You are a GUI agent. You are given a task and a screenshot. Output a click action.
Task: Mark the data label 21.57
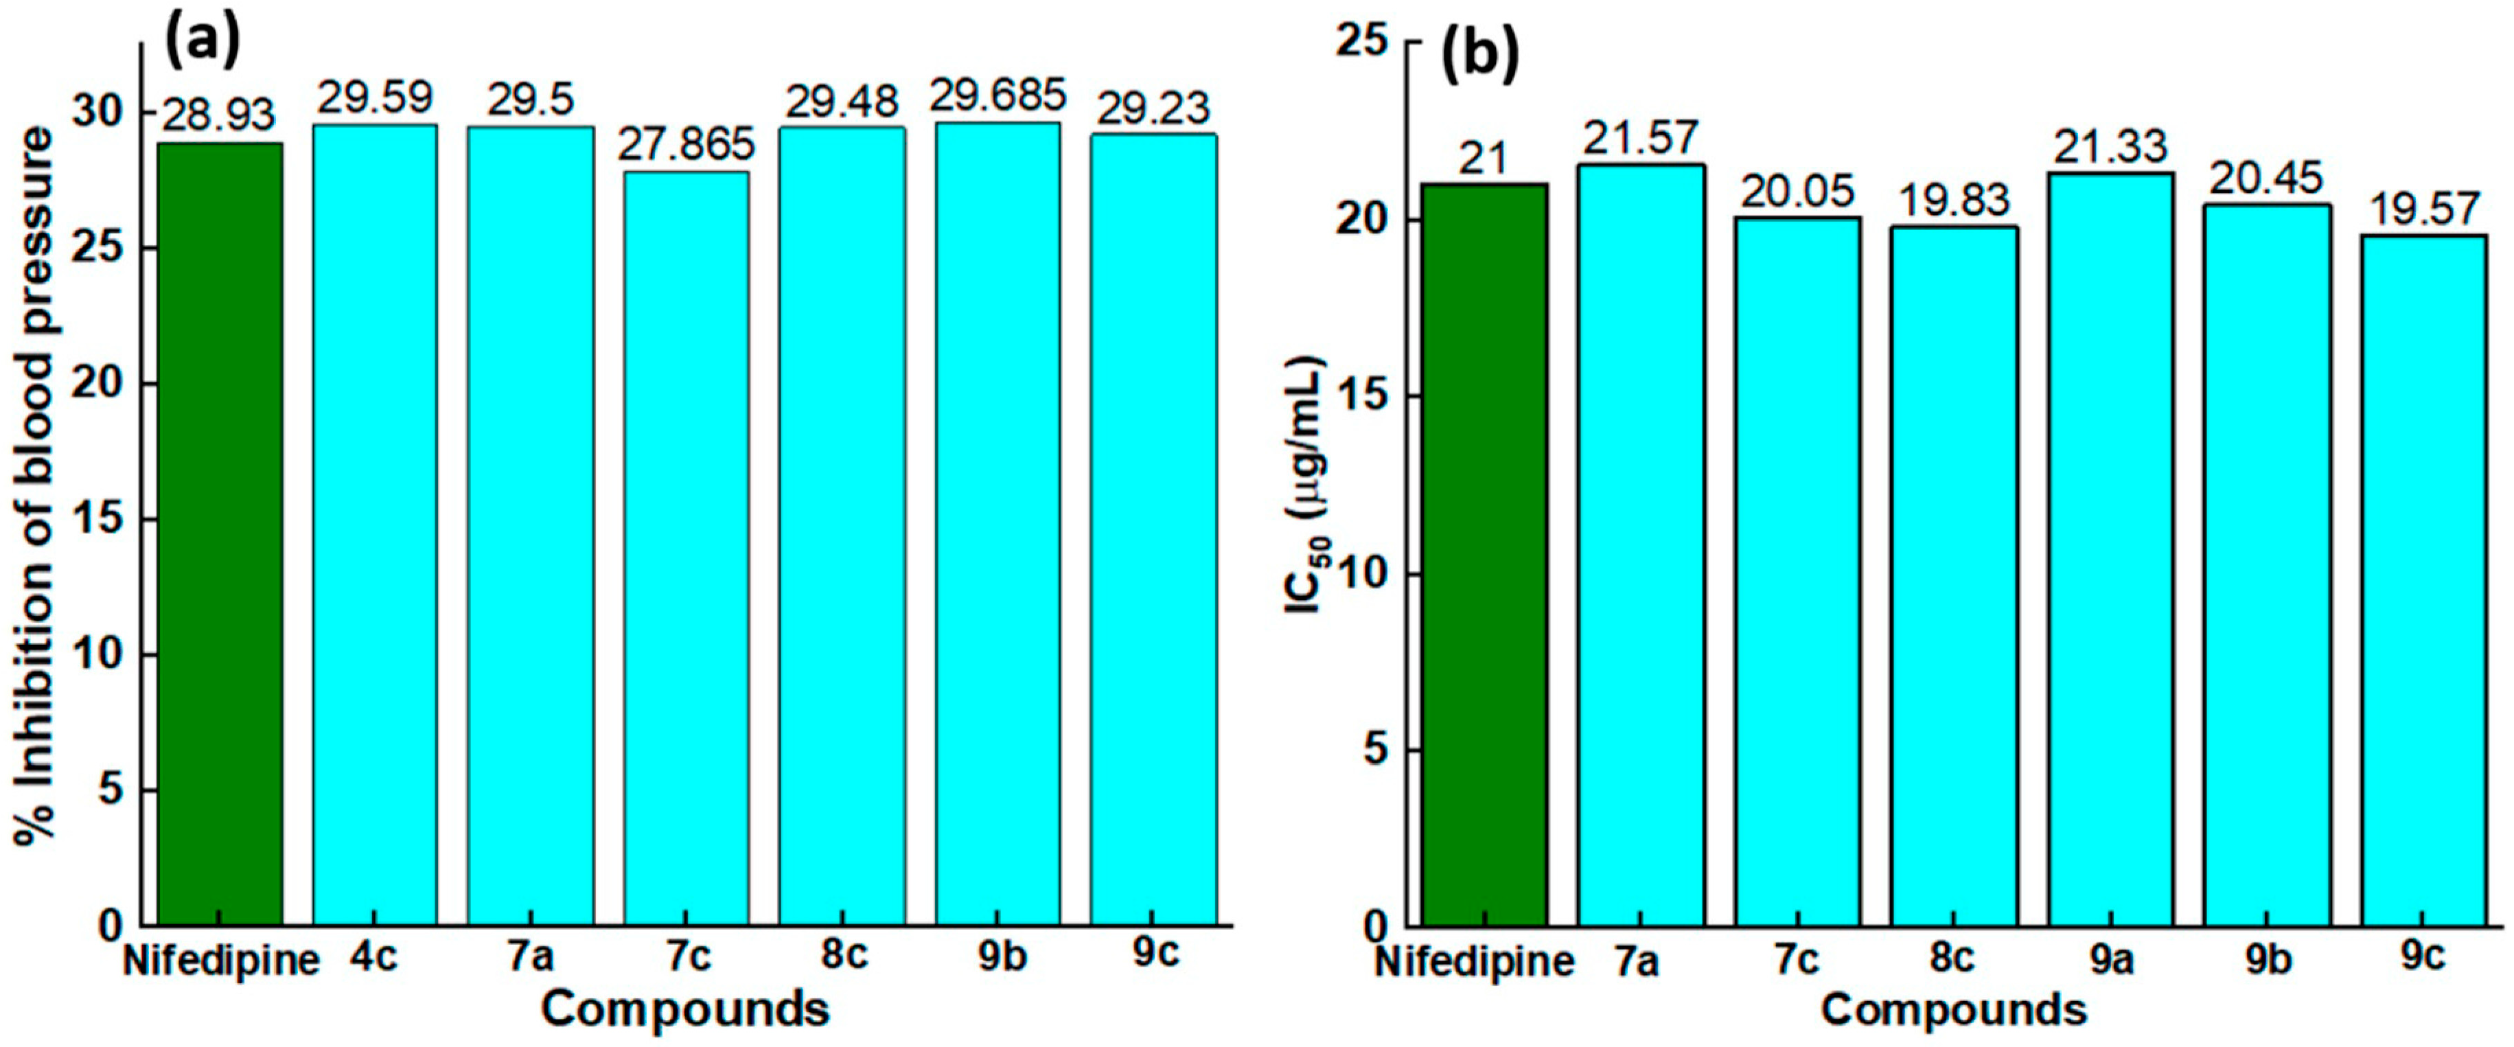[x=1641, y=137]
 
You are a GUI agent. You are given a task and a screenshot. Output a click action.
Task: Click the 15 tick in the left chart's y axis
[x=100, y=518]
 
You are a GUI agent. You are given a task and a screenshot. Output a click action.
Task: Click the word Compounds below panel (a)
[x=685, y=1009]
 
